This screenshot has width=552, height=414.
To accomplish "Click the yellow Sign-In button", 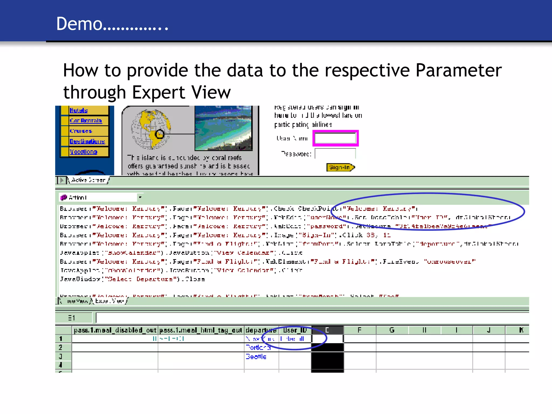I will pyautogui.click(x=340, y=167).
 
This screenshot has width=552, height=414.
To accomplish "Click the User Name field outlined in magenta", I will pyautogui.click(x=335, y=139).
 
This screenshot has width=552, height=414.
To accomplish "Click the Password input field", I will pyautogui.click(x=335, y=154).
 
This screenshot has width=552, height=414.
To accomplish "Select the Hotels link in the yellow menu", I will pyautogui.click(x=79, y=110).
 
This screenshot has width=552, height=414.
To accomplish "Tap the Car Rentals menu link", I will pyautogui.click(x=86, y=120).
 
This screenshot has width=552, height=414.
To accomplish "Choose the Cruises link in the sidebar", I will pyautogui.click(x=81, y=131).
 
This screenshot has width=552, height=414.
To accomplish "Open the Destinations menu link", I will pyautogui.click(x=87, y=141).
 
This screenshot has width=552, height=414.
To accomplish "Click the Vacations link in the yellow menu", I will pyautogui.click(x=83, y=152).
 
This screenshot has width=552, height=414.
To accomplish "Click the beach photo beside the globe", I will pyautogui.click(x=223, y=128).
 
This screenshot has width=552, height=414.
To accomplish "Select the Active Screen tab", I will pyautogui.click(x=88, y=180).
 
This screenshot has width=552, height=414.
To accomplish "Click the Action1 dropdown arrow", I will pyautogui.click(x=140, y=198).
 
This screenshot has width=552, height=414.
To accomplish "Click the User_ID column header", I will pyautogui.click(x=295, y=330).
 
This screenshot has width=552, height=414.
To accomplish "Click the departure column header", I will pyautogui.click(x=261, y=330).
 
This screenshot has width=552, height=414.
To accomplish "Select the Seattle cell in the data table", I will pyautogui.click(x=256, y=357).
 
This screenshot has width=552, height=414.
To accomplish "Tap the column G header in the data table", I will pyautogui.click(x=392, y=330).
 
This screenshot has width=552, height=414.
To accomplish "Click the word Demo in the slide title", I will pyautogui.click(x=79, y=24).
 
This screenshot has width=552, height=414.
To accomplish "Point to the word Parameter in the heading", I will pyautogui.click(x=458, y=70).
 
